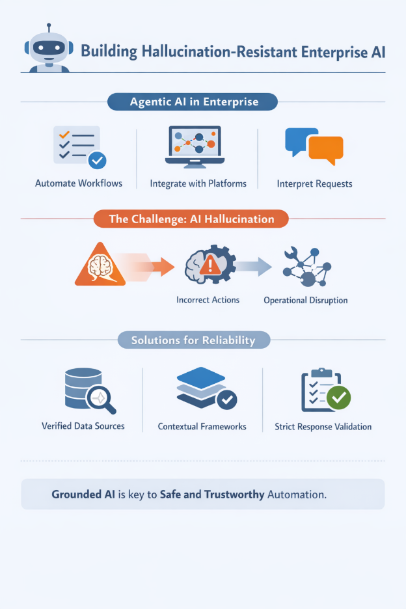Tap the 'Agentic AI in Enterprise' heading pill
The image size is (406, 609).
(x=193, y=101)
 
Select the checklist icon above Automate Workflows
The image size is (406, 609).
(x=79, y=146)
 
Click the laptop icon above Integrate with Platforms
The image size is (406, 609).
(x=195, y=146)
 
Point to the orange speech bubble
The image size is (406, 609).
(x=326, y=150)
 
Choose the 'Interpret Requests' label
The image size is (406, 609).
(x=314, y=183)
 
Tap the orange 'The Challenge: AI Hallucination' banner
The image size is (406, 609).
(x=191, y=219)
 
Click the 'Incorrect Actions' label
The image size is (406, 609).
(x=208, y=300)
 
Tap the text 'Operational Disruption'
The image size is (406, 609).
(x=305, y=301)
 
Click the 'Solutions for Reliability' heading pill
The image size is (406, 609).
(x=193, y=340)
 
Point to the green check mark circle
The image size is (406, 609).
(x=338, y=397)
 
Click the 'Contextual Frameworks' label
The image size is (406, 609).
(x=202, y=427)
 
